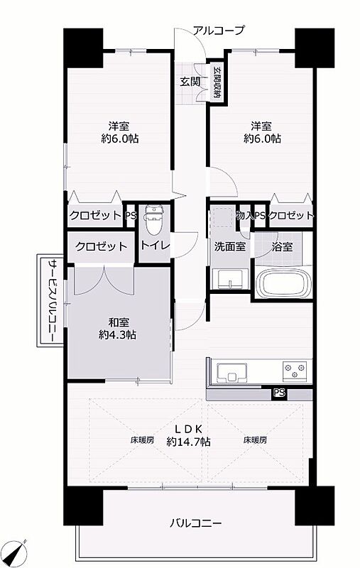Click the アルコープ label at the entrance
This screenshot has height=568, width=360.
(219, 30)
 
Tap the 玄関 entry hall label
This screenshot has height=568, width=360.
(190, 82)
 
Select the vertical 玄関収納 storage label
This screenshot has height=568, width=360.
(217, 82)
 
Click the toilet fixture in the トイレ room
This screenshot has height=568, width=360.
(153, 219)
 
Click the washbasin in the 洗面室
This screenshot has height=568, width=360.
(230, 280)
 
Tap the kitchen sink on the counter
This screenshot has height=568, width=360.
(231, 373)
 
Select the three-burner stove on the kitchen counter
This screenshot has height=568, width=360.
(295, 371)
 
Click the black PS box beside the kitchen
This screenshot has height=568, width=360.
(279, 394)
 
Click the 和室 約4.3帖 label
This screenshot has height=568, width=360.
(118, 329)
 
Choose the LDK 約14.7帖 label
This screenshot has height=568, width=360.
(188, 435)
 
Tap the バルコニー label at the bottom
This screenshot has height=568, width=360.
(196, 523)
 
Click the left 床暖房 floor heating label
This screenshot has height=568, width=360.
(142, 440)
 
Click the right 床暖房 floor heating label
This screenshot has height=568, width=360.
(256, 440)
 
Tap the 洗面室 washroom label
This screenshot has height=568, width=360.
(230, 247)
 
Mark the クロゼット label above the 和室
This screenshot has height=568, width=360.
(102, 246)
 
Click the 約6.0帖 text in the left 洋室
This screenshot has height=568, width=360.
(119, 138)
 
